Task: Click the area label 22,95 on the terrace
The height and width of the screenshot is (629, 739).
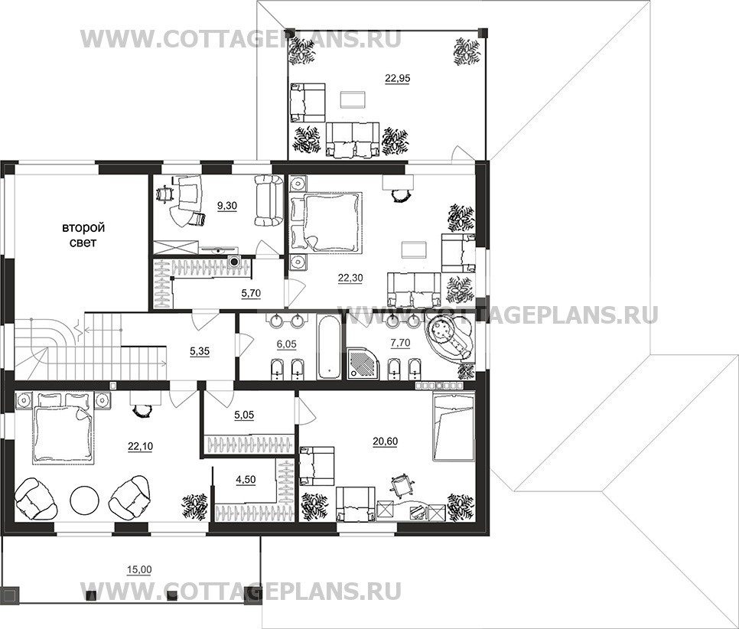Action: [x=397, y=77]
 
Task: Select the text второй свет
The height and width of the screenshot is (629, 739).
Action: [x=83, y=234]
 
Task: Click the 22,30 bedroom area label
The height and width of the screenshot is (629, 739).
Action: [x=351, y=279]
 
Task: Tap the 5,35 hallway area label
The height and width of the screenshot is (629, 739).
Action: [x=201, y=353]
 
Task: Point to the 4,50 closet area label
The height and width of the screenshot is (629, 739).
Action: [x=246, y=480]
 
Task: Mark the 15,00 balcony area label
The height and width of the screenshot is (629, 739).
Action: [x=138, y=569]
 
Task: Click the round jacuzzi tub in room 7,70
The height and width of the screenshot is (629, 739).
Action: [x=449, y=337]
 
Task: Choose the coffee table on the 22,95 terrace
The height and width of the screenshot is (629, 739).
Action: [x=352, y=99]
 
